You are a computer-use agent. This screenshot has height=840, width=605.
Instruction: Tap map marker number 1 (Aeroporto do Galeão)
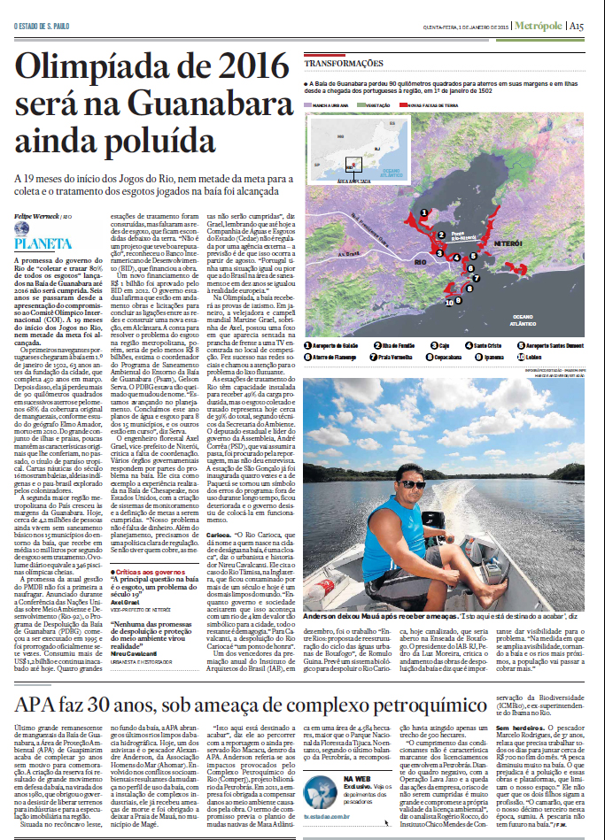pyautogui.click(x=425, y=212)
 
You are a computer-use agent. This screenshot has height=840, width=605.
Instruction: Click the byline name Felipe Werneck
pyautogui.click(x=34, y=217)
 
